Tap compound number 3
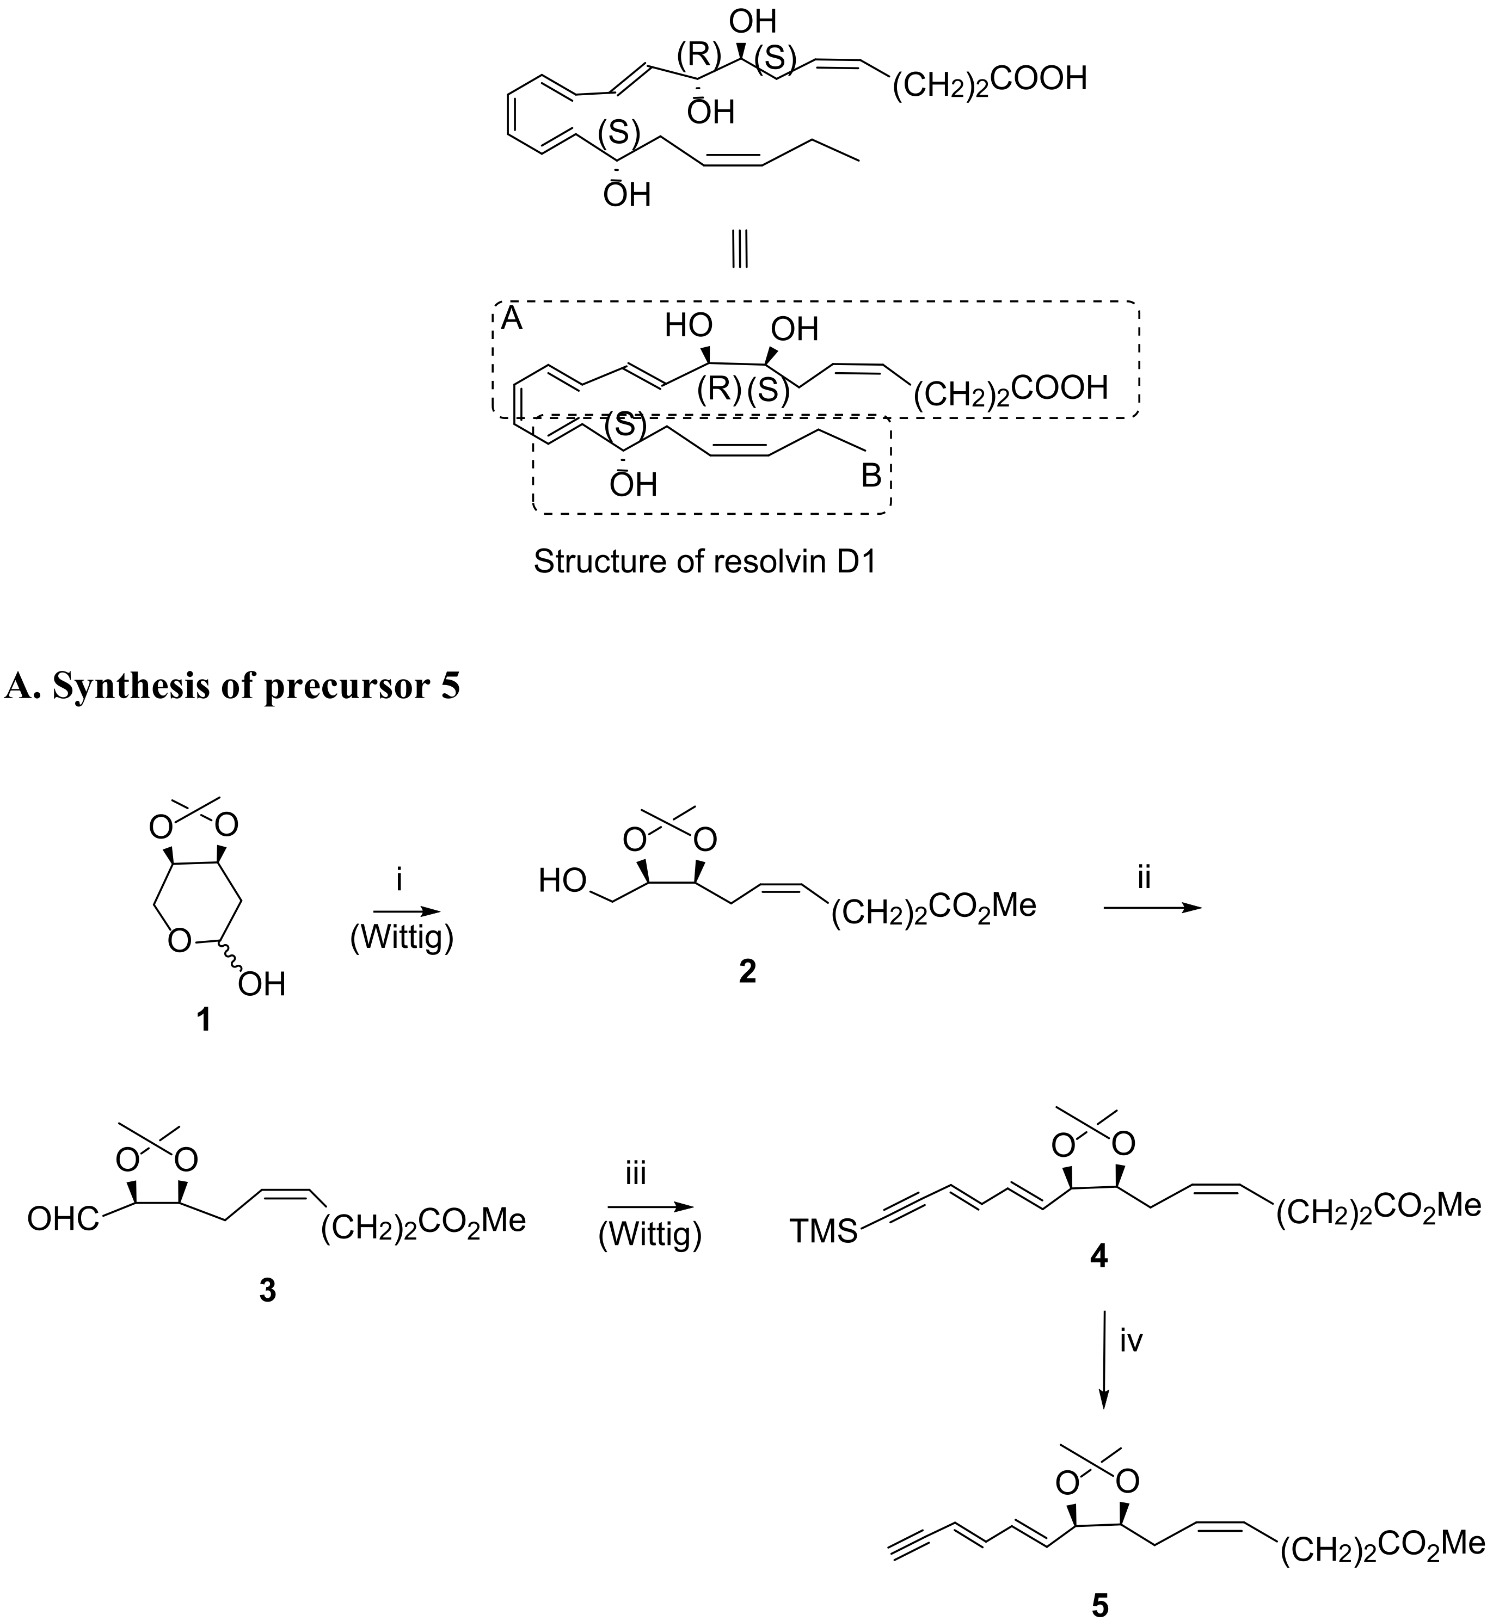[x=267, y=1291]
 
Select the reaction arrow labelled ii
[x=1152, y=908]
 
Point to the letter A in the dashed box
[x=512, y=320]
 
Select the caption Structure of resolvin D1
[x=704, y=562]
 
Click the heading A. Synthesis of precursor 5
[x=232, y=686]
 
